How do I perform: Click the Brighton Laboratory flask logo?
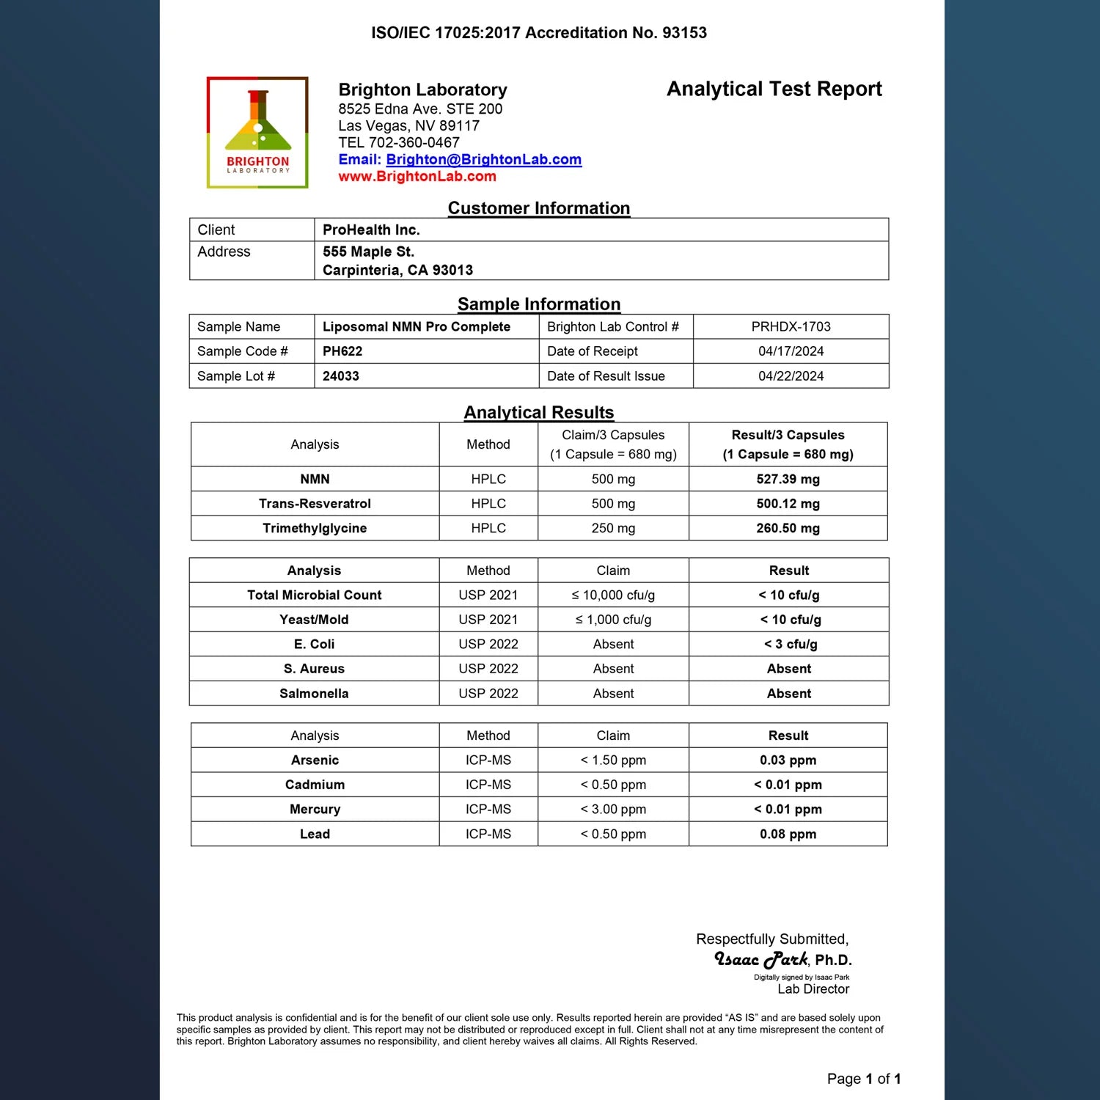point(257,132)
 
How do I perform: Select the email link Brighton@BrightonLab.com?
point(483,160)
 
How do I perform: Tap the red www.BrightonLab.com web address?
point(417,177)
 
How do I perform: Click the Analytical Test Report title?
point(774,89)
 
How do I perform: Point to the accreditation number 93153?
point(684,33)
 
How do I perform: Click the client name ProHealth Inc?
point(371,230)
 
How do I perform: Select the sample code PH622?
point(342,351)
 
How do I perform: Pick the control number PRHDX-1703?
point(791,327)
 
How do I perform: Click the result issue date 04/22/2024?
point(791,376)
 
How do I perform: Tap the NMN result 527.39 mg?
point(788,480)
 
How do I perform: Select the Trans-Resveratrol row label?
point(315,504)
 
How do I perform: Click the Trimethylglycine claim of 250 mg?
point(613,528)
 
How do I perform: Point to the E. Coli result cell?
point(790,645)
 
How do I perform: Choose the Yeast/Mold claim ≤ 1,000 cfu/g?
point(613,620)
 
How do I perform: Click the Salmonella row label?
point(314,694)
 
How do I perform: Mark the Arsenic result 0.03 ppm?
point(788,760)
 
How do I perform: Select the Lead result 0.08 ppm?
point(788,835)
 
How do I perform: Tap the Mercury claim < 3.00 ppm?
point(613,810)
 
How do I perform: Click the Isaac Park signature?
point(761,959)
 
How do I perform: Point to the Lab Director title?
point(813,989)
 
